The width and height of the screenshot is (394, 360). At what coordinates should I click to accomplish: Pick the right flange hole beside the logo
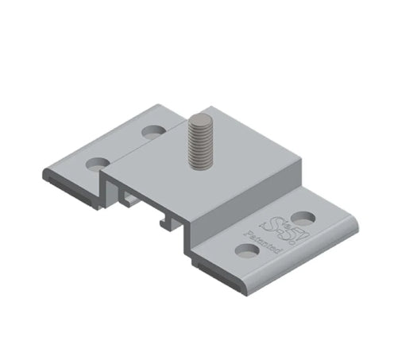[x=303, y=216]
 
